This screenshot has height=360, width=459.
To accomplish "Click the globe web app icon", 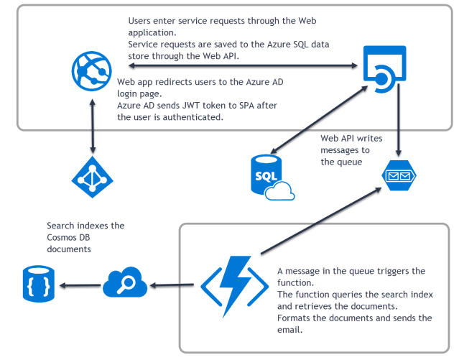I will [91, 70].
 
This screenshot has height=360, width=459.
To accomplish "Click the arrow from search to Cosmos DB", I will [78, 286].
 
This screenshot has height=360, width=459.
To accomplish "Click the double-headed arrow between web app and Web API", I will [237, 66].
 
